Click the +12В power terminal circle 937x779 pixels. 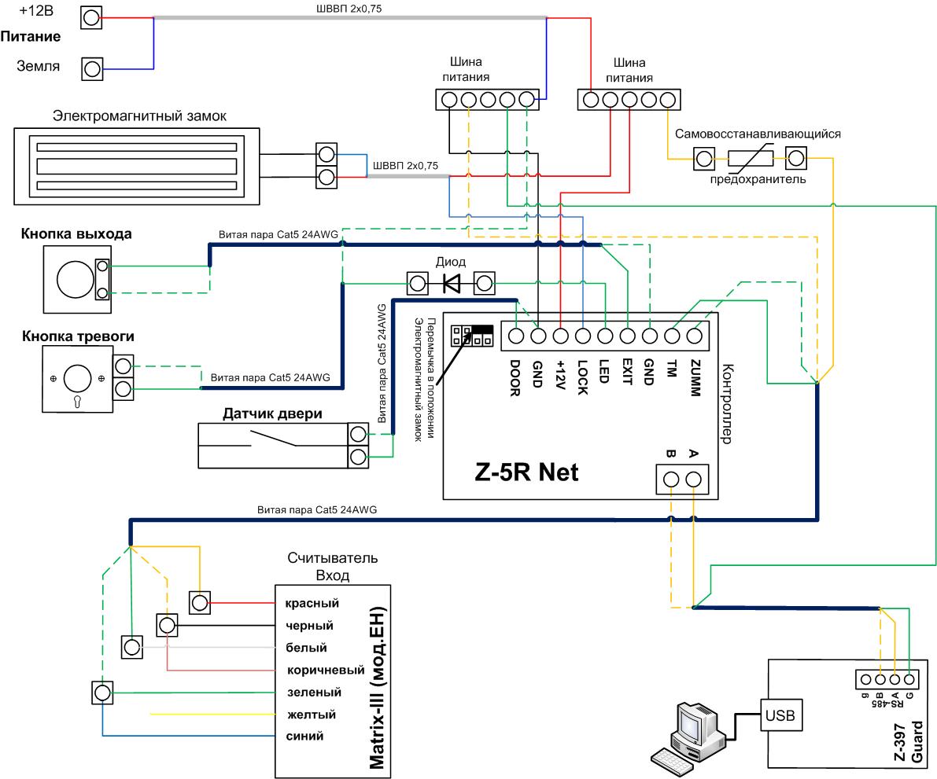point(90,18)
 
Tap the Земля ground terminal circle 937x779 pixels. point(92,68)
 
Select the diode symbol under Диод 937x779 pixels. point(452,283)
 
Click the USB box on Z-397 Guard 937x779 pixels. point(780,715)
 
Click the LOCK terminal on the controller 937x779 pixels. point(583,336)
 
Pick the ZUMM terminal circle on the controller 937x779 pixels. point(694,336)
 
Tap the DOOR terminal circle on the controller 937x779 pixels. point(516,336)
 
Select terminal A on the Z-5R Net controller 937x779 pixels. point(693,480)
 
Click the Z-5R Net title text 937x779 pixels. point(526,472)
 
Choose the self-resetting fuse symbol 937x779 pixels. point(751,159)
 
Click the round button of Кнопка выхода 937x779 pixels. point(76,279)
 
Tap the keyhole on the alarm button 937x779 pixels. point(77,401)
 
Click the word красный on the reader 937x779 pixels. point(312,604)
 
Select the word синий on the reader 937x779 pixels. point(304,736)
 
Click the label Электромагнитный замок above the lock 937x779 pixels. point(139,116)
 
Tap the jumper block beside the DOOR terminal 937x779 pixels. point(472,336)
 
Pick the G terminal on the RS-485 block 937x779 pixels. point(909,679)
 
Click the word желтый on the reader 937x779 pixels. point(312,715)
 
